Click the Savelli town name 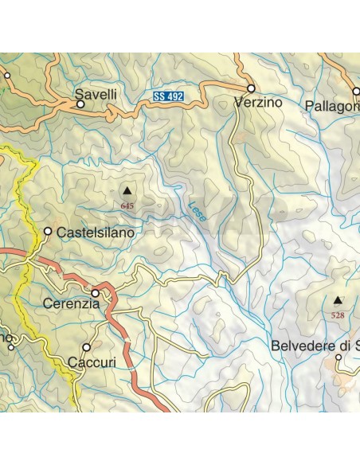click(x=96, y=94)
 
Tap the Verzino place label click(x=260, y=103)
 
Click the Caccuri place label click(x=92, y=362)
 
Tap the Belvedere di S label click(x=315, y=346)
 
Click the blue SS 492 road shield click(x=170, y=97)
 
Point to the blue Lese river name click(x=196, y=210)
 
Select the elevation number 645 click(x=127, y=205)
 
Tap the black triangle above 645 click(x=127, y=191)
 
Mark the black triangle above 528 click(x=338, y=301)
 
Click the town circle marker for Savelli click(x=80, y=104)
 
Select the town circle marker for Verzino click(x=251, y=88)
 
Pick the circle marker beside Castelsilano click(x=48, y=232)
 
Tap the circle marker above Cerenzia click(x=95, y=292)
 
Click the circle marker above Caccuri click(x=87, y=348)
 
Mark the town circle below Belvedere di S click(x=338, y=358)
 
